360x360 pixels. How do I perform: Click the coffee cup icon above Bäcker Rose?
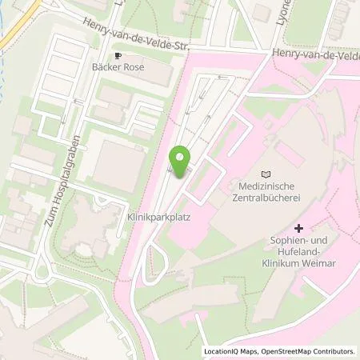point(118,56)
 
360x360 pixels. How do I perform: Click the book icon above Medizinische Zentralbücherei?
point(266,174)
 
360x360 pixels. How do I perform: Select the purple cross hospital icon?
point(299,206)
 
